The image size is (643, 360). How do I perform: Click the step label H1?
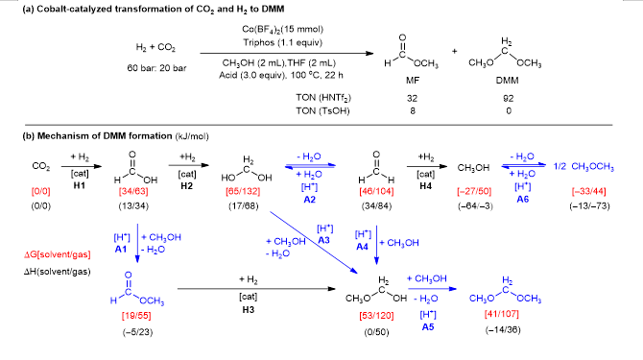79,185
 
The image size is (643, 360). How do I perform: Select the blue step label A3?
324,240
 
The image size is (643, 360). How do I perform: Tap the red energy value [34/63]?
133,191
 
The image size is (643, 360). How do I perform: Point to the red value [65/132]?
243,191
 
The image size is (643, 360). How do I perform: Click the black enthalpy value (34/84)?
376,205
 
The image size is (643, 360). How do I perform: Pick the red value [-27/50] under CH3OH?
474,191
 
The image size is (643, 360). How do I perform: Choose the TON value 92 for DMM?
509,99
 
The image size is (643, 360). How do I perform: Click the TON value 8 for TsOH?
413,110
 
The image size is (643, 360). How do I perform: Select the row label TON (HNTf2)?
323,98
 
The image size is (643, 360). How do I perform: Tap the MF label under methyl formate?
413,81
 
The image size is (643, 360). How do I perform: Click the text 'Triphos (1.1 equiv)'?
282,42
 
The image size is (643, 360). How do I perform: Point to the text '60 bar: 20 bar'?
156,68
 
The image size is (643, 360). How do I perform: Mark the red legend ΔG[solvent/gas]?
57,254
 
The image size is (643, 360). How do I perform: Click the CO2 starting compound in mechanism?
41,167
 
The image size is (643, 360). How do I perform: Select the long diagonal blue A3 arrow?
314,242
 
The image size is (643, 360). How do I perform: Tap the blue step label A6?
522,200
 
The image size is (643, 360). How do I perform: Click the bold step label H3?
249,309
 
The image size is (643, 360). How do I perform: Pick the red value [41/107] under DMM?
502,314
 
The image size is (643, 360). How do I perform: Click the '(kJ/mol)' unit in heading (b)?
192,136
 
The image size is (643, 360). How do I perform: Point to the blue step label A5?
428,326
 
